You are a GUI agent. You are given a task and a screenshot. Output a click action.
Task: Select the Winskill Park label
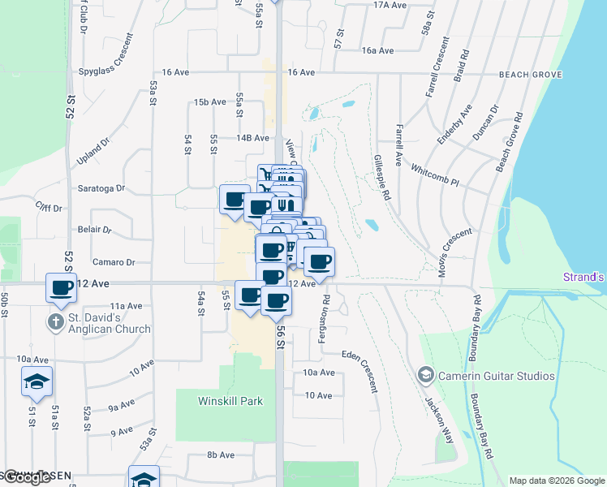click(x=228, y=401)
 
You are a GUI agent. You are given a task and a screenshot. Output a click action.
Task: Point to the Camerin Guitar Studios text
click(x=496, y=376)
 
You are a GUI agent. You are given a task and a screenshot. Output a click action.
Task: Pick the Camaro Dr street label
click(x=114, y=262)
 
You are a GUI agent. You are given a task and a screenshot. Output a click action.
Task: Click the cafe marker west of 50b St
click(x=62, y=288)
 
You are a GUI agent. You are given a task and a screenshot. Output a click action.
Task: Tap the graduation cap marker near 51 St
click(x=36, y=383)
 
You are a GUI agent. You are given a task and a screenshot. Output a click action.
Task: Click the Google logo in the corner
click(x=27, y=476)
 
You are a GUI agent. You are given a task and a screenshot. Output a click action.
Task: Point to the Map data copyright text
click(x=557, y=481)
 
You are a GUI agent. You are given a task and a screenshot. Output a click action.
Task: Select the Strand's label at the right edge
click(x=584, y=277)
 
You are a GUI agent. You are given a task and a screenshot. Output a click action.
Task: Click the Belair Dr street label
click(x=95, y=230)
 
